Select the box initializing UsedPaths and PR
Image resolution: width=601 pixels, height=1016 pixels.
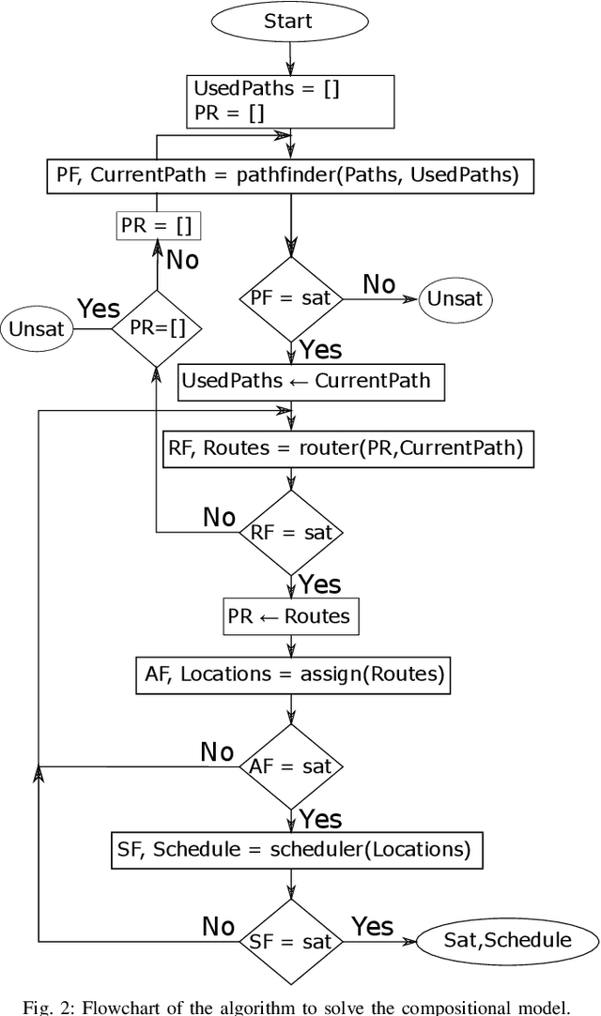292,100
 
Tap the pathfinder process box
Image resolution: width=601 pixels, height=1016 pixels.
292,174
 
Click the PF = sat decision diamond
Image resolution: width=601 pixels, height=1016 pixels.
292,299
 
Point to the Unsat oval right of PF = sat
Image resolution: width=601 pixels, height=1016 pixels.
455,299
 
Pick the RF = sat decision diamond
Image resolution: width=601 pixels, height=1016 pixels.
292,533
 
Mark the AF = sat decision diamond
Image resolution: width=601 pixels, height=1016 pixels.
292,766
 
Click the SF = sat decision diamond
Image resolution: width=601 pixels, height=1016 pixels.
292,941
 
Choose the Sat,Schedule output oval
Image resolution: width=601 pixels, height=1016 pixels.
506,941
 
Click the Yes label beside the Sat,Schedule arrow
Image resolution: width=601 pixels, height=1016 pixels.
372,927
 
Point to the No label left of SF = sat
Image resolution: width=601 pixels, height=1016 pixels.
218,927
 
